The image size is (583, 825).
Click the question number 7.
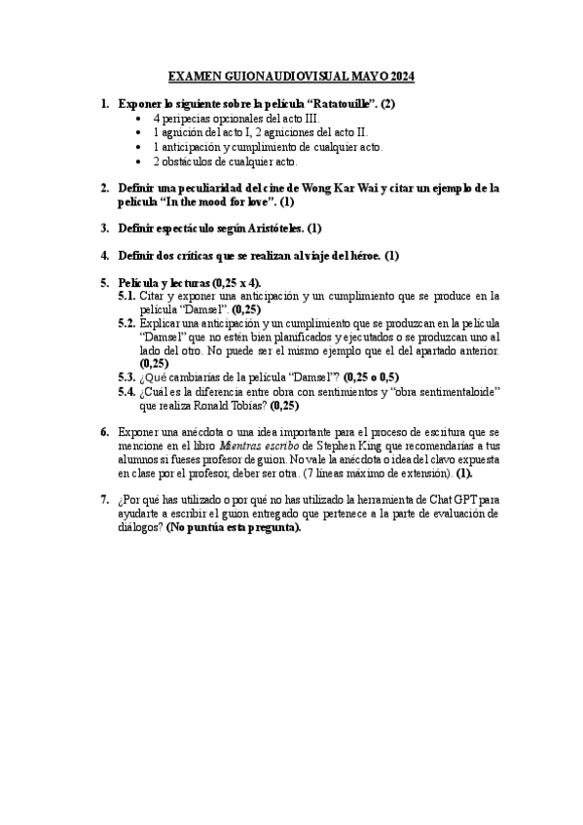[x=105, y=500]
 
